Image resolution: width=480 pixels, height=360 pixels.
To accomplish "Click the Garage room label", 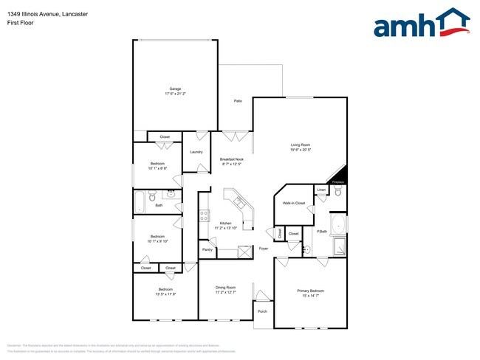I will tap(174, 89).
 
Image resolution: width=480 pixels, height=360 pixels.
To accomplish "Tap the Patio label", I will tap(238, 100).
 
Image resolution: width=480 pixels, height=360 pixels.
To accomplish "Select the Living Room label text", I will tap(300, 145).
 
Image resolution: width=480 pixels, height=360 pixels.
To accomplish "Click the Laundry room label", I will tap(196, 152).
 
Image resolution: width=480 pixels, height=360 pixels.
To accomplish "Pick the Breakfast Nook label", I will tap(232, 159).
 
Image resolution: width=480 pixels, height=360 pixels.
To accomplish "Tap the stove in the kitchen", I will tap(205, 217).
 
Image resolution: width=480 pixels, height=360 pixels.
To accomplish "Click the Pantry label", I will tap(208, 250).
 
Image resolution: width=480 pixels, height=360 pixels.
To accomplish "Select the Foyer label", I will tap(263, 249).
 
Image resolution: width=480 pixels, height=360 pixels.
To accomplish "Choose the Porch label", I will tap(262, 311).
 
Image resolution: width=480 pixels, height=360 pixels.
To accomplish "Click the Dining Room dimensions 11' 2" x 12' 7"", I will tap(225, 292).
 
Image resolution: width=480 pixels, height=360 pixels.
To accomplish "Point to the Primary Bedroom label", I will tap(310, 291).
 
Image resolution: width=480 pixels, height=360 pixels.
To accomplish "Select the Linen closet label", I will tap(321, 190).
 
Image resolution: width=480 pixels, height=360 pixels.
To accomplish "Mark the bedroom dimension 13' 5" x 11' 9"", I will tap(165, 294).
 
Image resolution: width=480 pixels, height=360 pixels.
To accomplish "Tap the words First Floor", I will tap(20, 23).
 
